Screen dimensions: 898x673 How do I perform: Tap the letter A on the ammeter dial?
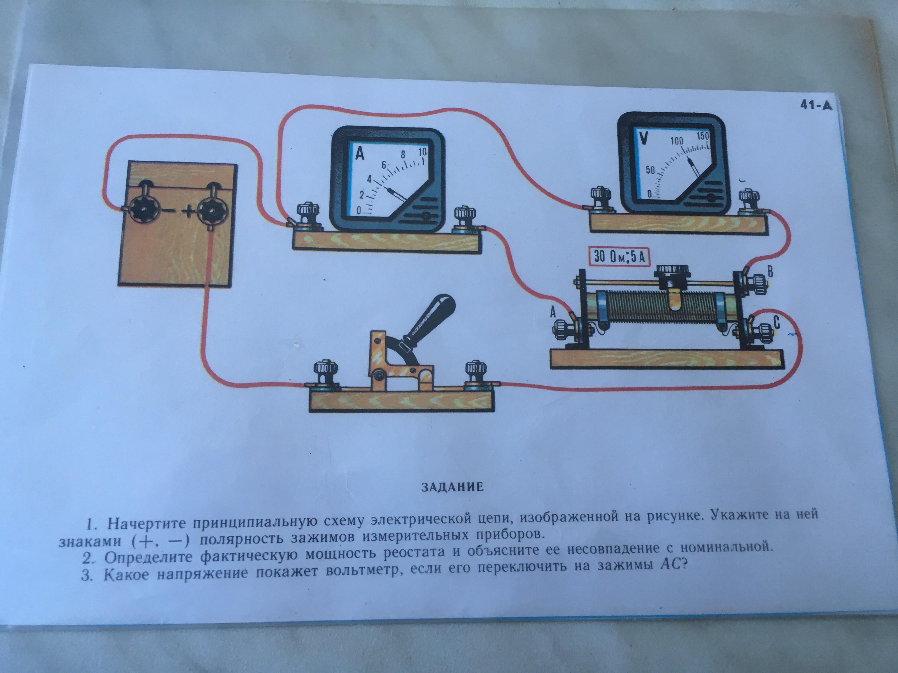coord(360,154)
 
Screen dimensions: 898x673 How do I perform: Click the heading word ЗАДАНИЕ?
coord(452,487)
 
